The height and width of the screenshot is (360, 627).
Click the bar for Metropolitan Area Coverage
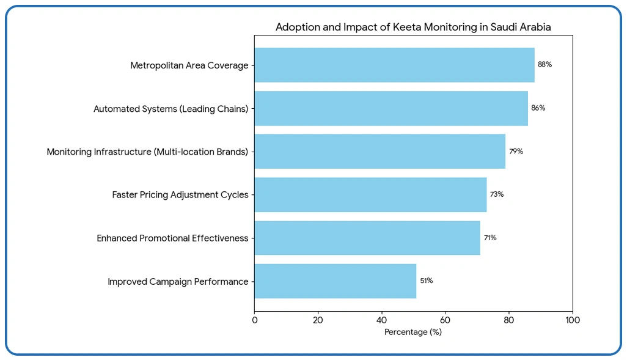point(394,65)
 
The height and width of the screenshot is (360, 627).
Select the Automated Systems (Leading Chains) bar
point(391,108)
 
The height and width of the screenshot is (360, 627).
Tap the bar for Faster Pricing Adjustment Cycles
point(370,194)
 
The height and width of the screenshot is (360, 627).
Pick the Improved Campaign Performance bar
point(335,281)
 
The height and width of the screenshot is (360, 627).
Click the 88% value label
point(544,64)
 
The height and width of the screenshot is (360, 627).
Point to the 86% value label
point(538,108)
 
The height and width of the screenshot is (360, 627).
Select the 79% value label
point(516,151)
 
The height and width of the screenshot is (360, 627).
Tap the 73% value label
point(496,194)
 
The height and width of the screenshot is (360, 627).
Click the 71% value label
point(490,238)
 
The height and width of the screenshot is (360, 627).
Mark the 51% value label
point(427,281)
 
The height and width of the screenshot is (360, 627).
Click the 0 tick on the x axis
point(255,320)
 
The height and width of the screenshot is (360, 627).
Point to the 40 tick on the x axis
point(382,320)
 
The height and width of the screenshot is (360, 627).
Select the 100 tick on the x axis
point(572,320)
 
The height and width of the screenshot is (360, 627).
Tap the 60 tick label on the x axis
point(445,320)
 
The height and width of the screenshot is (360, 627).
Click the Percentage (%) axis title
point(413,332)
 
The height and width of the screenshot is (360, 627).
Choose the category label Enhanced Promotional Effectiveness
point(172,238)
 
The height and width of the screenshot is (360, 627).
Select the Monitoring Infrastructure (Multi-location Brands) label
point(147,152)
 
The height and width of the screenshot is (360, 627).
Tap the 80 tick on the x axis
point(508,320)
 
